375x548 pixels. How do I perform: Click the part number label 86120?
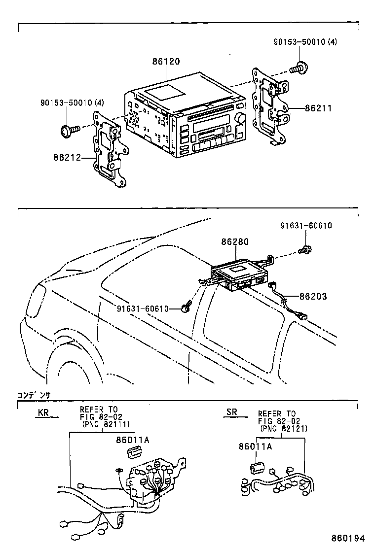tap(166, 62)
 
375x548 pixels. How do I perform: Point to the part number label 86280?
tap(235, 242)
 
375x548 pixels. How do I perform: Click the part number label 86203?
tap(313, 297)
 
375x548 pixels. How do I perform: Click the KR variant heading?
tap(43, 413)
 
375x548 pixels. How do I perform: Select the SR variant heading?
tap(232, 413)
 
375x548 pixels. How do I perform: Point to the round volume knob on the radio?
tap(240, 119)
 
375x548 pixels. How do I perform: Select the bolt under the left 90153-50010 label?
tap(67, 130)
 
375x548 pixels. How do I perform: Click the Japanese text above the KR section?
tap(34, 394)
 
